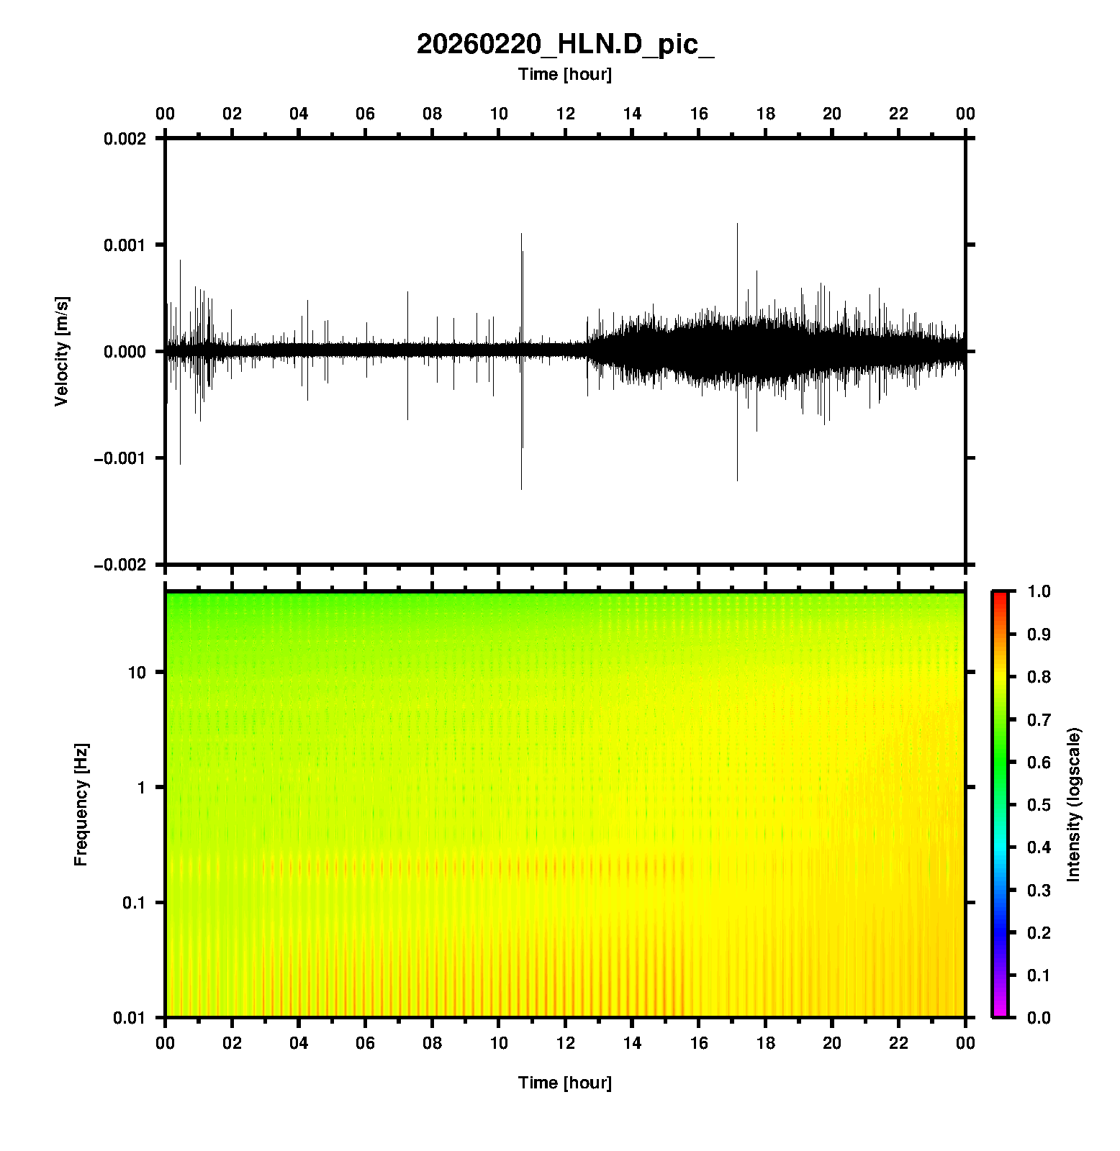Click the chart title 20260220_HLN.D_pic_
[x=565, y=45]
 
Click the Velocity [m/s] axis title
[x=62, y=351]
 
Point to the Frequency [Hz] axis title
[x=81, y=805]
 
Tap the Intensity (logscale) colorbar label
[x=1074, y=804]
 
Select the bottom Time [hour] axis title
[x=565, y=1083]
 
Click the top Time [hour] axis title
[x=565, y=74]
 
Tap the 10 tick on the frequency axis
[x=137, y=673]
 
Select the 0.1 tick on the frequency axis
[x=134, y=903]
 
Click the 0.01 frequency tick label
[x=130, y=1018]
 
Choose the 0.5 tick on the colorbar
[x=1039, y=805]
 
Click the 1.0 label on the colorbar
[x=1039, y=591]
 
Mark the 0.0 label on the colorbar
[x=1039, y=1018]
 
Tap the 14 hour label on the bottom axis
[x=632, y=1043]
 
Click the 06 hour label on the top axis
[x=365, y=114]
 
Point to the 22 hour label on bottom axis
[x=899, y=1043]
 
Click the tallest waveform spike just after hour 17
[x=737, y=352]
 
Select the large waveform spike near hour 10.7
[x=522, y=361]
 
